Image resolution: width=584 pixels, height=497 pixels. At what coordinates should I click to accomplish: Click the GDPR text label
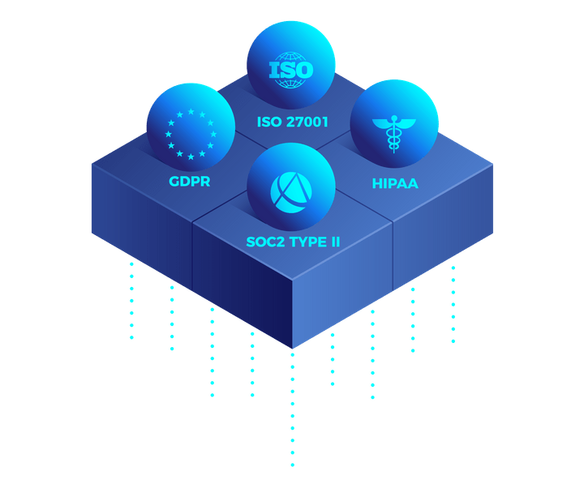point(190,182)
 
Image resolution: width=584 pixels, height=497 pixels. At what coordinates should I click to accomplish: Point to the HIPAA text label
point(395,183)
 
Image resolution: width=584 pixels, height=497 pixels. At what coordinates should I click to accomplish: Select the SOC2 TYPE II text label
point(291,242)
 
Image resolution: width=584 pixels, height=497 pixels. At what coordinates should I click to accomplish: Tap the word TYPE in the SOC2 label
point(305,242)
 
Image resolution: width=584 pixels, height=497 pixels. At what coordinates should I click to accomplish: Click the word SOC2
point(264,242)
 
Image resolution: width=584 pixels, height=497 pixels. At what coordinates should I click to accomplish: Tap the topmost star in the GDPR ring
point(191,112)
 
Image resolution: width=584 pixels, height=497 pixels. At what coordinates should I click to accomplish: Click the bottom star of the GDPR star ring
point(191,156)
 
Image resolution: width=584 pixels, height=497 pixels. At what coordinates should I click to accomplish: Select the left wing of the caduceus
point(382,123)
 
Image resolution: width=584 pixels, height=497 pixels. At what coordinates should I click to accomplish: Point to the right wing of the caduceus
point(406,123)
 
